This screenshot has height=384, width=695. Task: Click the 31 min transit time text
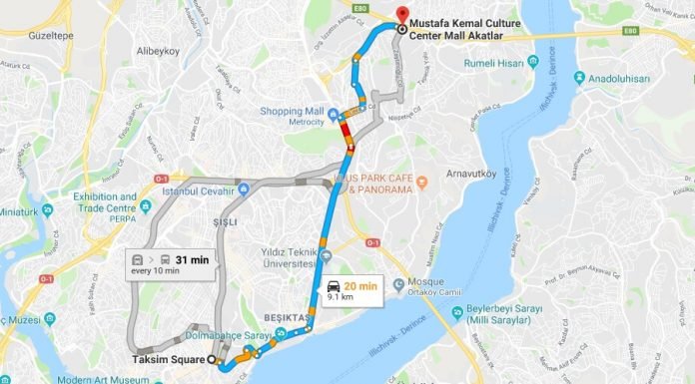coord(191,258)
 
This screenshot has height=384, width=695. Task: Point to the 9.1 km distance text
coord(342,297)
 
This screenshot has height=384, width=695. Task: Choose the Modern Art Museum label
coord(99,379)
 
